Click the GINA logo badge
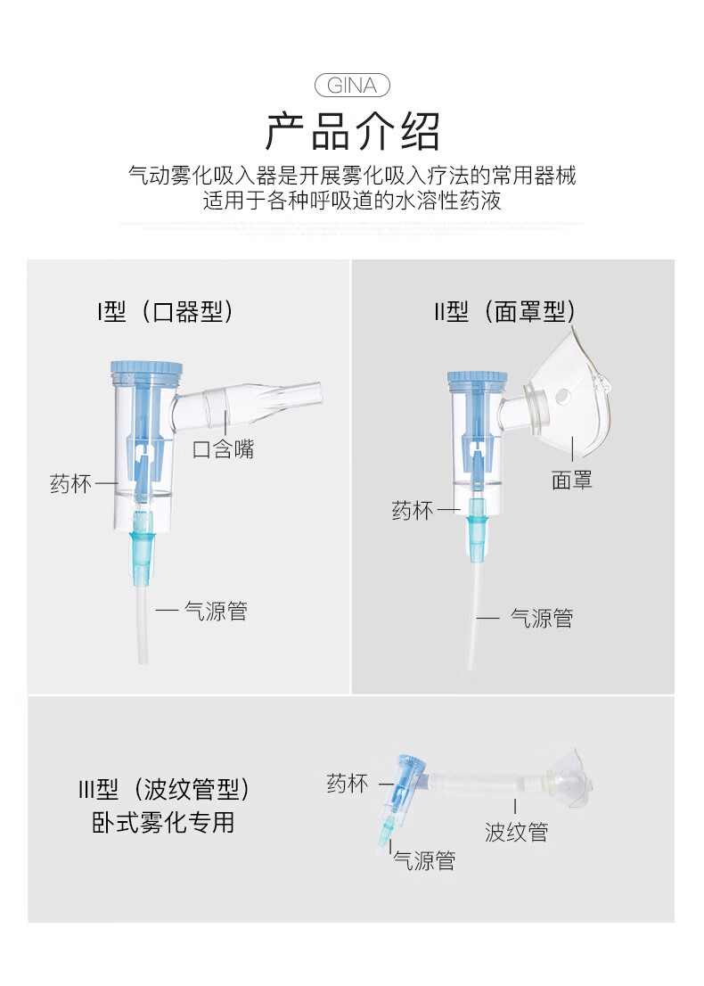[352, 86]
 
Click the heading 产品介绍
[352, 131]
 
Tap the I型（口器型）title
[165, 311]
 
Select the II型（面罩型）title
[504, 311]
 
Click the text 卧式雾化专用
[163, 823]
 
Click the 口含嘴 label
[223, 449]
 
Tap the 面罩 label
[572, 481]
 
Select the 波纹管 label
[516, 832]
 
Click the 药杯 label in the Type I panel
[71, 483]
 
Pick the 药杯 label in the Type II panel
[413, 510]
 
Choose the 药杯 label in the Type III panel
[348, 784]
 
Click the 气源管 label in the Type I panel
[216, 611]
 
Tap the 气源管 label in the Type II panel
[542, 618]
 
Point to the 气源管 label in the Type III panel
[424, 860]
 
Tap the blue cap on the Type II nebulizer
[477, 377]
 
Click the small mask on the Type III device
[569, 780]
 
